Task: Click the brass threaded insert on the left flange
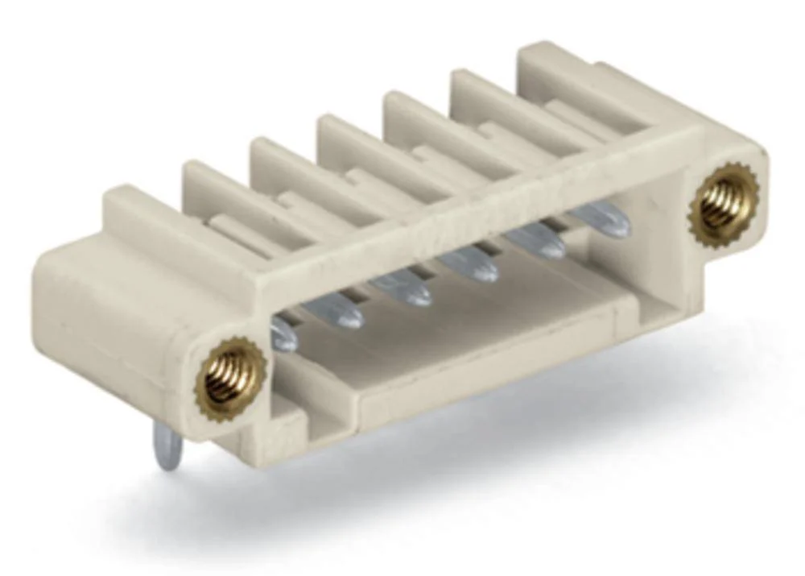point(232,376)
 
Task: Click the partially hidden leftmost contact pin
point(283,334)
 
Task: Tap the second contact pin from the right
point(536,240)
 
